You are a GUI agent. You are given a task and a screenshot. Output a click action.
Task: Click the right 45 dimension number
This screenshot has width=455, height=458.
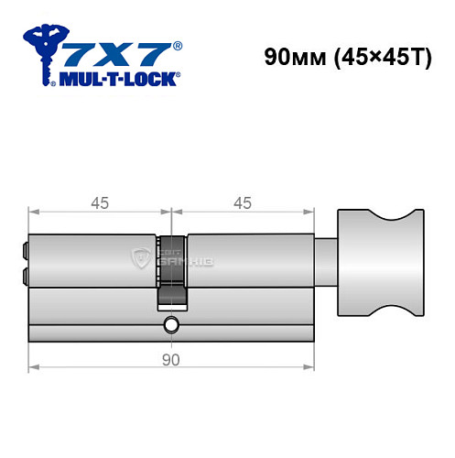click(x=243, y=203)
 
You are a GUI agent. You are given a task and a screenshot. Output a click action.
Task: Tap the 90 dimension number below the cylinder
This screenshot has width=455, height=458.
click(x=170, y=360)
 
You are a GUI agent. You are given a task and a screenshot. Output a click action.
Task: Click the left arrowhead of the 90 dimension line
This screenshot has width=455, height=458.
click(x=34, y=370)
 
